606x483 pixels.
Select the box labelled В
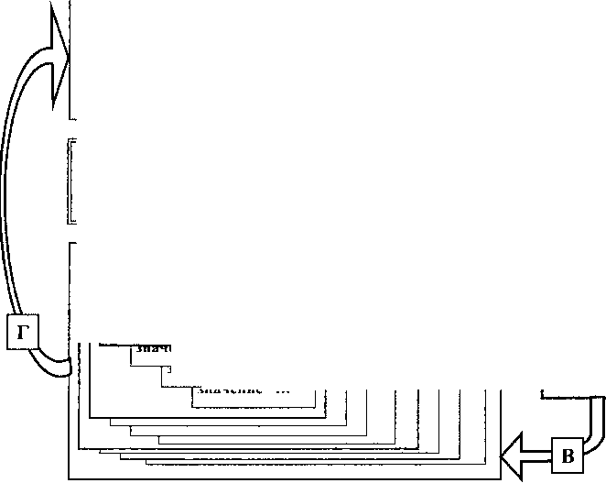point(568,456)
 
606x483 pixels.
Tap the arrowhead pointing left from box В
point(514,456)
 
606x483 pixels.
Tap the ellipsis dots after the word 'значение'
point(282,391)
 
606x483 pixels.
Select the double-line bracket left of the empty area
point(71,181)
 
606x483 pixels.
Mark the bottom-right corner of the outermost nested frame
point(502,478)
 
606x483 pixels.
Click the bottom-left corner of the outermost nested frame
point(70,478)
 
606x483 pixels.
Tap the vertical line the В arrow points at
point(502,431)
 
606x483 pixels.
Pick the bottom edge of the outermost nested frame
point(284,478)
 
